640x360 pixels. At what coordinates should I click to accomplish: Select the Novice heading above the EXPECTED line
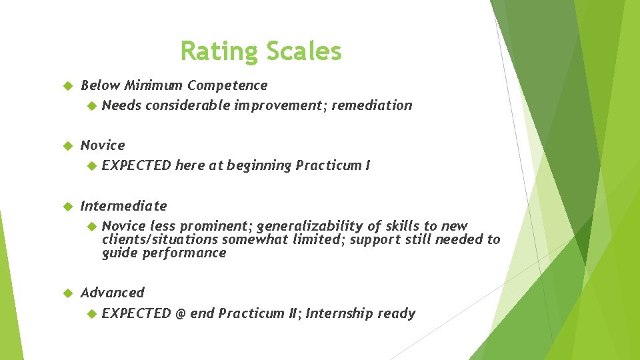pyautogui.click(x=103, y=145)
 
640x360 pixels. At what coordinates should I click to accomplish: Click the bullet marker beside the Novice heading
pyautogui.click(x=66, y=145)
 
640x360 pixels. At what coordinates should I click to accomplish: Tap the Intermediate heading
pyautogui.click(x=123, y=206)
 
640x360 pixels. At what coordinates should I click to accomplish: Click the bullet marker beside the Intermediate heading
pyautogui.click(x=66, y=206)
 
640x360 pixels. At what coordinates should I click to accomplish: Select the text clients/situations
pyautogui.click(x=160, y=239)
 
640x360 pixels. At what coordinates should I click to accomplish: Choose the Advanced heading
pyautogui.click(x=112, y=293)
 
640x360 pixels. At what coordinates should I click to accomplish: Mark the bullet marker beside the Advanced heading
pyautogui.click(x=66, y=293)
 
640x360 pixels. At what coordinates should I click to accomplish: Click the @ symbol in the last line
pyautogui.click(x=180, y=313)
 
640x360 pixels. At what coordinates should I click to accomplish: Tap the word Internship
pyautogui.click(x=339, y=313)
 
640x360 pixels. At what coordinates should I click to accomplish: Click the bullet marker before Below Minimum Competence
pyautogui.click(x=66, y=85)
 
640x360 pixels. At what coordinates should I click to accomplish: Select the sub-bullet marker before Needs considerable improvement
pyautogui.click(x=93, y=105)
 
